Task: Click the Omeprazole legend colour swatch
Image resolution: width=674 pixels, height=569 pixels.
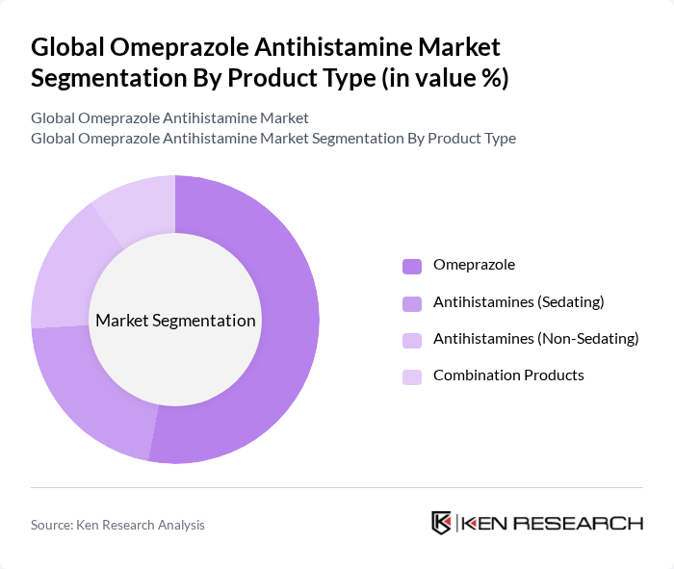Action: pyautogui.click(x=412, y=267)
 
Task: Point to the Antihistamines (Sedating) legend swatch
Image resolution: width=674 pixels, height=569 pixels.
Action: pyautogui.click(x=412, y=303)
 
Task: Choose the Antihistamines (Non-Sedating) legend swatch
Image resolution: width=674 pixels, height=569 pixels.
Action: pyautogui.click(x=412, y=340)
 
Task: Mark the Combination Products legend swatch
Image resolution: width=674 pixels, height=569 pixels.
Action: pyautogui.click(x=412, y=376)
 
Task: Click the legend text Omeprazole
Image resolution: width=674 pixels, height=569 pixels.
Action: pyautogui.click(x=474, y=265)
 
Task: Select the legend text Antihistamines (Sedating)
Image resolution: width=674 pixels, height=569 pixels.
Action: pyautogui.click(x=518, y=301)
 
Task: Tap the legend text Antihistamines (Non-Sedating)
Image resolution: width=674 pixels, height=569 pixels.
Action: pyautogui.click(x=535, y=338)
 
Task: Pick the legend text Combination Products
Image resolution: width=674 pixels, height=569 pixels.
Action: pyautogui.click(x=508, y=375)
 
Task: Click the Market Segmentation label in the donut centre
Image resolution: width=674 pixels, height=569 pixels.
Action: pyautogui.click(x=175, y=321)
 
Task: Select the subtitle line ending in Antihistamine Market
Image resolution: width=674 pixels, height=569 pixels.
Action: pyautogui.click(x=169, y=117)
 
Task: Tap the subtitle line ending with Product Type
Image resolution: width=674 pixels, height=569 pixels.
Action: pyautogui.click(x=272, y=138)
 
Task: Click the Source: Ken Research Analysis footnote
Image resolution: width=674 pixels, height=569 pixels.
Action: pyautogui.click(x=117, y=525)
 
